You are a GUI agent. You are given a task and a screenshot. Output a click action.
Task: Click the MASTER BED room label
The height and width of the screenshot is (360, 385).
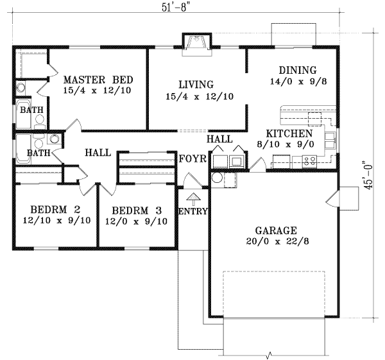(x=98, y=80)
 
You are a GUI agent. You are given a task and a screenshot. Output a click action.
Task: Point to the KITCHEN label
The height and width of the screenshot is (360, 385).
(x=289, y=133)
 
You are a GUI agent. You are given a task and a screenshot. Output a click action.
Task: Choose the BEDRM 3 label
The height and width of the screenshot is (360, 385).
(x=135, y=210)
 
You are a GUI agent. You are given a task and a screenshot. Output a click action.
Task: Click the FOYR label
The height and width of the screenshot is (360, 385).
(x=191, y=159)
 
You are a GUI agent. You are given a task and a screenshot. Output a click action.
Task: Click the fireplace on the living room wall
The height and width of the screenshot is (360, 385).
(x=194, y=42)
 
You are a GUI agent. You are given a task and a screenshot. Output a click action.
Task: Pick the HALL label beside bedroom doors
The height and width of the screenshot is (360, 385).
(x=98, y=153)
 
